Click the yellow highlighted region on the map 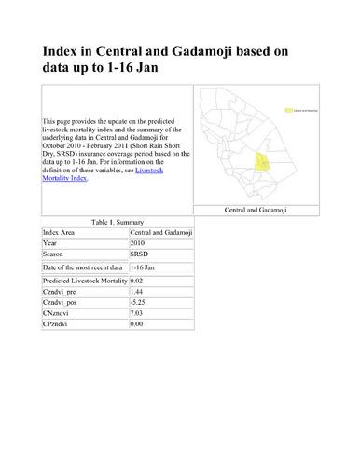[x=263, y=159]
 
